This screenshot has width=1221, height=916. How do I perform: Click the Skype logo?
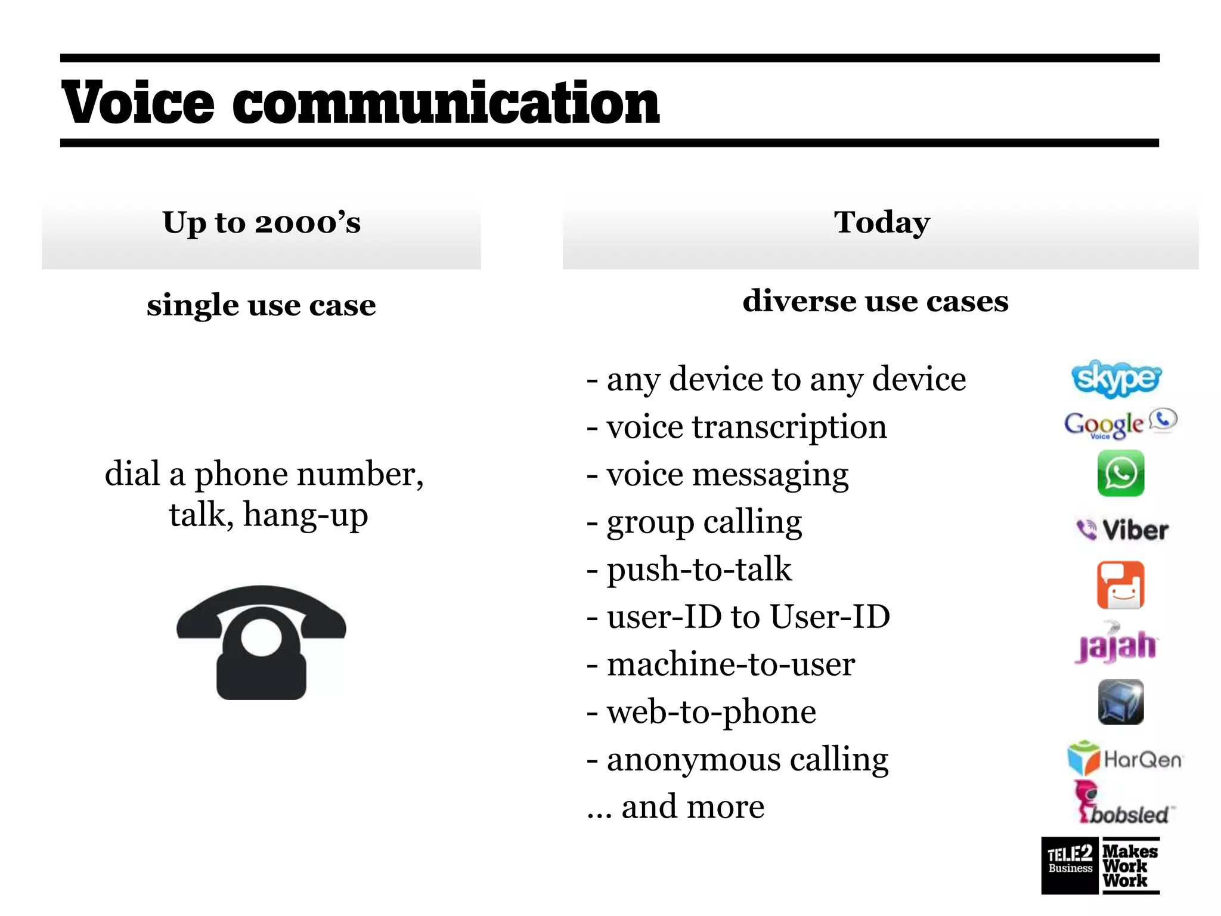(x=1116, y=379)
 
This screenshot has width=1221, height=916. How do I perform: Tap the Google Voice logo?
(x=1120, y=423)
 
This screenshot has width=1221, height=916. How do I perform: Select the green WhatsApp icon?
(x=1120, y=474)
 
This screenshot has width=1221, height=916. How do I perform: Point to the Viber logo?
(x=1122, y=530)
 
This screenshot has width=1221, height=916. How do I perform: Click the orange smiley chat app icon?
(x=1120, y=585)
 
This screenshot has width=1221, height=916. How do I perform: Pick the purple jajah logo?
(x=1116, y=644)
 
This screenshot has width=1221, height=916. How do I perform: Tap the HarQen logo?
(x=1124, y=759)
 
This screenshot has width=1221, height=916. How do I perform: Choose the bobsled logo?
(x=1123, y=805)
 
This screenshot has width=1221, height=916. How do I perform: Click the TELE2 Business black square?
(x=1070, y=865)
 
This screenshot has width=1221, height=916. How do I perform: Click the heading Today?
(x=881, y=223)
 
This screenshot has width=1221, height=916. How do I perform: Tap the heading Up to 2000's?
(x=261, y=223)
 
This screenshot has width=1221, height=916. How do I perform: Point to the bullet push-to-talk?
(x=699, y=570)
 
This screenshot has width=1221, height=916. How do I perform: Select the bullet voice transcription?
(x=746, y=427)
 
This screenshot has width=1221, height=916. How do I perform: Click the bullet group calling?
(x=704, y=522)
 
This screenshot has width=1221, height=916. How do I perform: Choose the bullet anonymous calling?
(x=747, y=760)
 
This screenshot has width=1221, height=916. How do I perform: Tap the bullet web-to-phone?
(x=711, y=712)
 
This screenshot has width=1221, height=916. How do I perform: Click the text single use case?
(x=261, y=305)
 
